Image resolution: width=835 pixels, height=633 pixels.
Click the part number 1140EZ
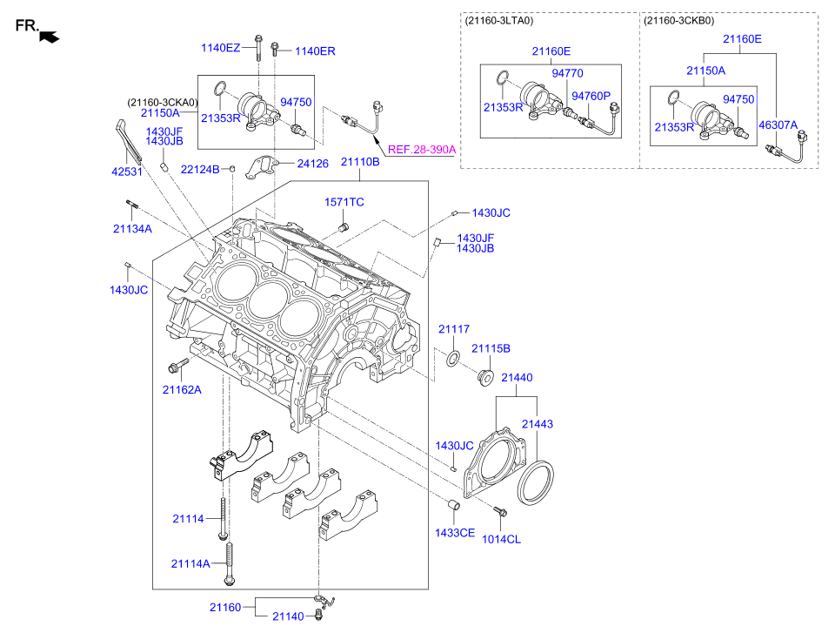[x=221, y=48]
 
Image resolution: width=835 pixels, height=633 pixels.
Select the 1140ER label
[x=314, y=51]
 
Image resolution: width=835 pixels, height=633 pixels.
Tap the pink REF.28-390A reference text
[x=421, y=150]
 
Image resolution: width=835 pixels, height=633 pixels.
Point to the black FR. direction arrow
[x=50, y=36]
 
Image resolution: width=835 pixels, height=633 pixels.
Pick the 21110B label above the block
[x=359, y=162]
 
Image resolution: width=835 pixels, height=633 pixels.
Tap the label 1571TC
[x=344, y=202]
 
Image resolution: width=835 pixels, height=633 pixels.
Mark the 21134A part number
[x=131, y=228]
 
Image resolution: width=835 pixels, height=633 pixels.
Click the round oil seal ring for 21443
[x=537, y=483]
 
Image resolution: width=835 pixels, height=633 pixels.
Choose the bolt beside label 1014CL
[x=498, y=512]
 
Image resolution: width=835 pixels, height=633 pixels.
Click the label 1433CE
[x=455, y=532]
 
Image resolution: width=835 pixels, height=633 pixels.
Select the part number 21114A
[x=190, y=563]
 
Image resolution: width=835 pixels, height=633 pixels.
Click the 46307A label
[x=777, y=125]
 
